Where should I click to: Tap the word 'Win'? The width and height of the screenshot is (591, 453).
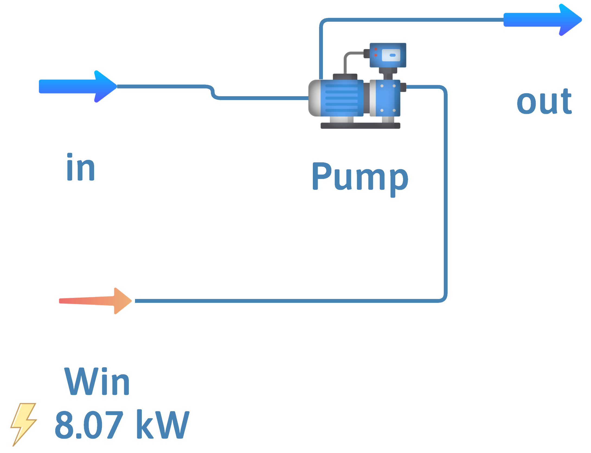pyautogui.click(x=97, y=381)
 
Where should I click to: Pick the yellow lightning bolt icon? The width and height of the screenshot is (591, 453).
pyautogui.click(x=24, y=424)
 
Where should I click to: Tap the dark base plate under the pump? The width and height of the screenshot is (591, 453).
pyautogui.click(x=360, y=126)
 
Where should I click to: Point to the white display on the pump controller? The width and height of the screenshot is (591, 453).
pyautogui.click(x=391, y=55)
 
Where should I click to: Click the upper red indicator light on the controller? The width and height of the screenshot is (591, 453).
pyautogui.click(x=376, y=49)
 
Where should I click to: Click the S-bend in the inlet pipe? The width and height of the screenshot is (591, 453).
pyautogui.click(x=213, y=93)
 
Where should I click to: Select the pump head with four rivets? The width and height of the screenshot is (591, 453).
pyautogui.click(x=388, y=98)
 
